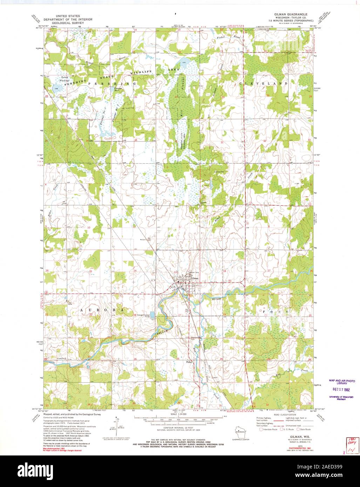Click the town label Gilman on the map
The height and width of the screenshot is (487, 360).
coord(195,278)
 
